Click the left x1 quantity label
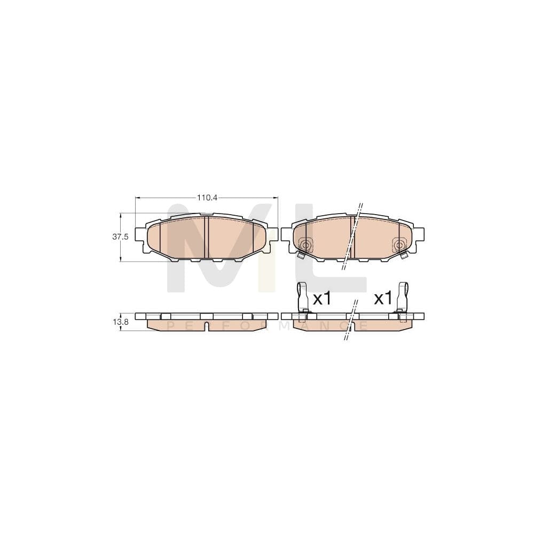click(x=322, y=299)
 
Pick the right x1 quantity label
click(x=383, y=299)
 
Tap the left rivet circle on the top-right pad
click(x=306, y=245)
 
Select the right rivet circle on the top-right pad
click(x=398, y=245)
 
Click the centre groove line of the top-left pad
click(x=207, y=238)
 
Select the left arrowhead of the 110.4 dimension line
click(x=137, y=198)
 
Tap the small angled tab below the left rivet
click(x=301, y=255)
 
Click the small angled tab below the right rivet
click(x=404, y=255)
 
